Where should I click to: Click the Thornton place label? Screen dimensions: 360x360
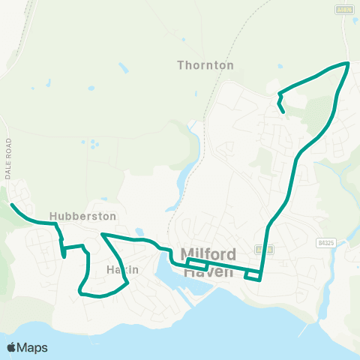pyautogui.click(x=205, y=65)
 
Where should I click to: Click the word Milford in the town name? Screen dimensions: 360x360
pyautogui.click(x=209, y=253)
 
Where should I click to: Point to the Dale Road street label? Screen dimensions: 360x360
pyautogui.click(x=9, y=157)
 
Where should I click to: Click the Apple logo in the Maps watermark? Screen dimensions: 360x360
pyautogui.click(x=11, y=347)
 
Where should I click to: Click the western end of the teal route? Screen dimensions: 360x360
pyautogui.click(x=11, y=204)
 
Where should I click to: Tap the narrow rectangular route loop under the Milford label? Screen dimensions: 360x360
pyautogui.click(x=197, y=265)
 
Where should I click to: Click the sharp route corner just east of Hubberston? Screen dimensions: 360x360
pyautogui.click(x=102, y=235)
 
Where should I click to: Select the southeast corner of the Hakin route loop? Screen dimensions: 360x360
pyautogui.click(x=128, y=283)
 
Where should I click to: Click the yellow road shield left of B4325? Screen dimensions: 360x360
pyautogui.click(x=260, y=249)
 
